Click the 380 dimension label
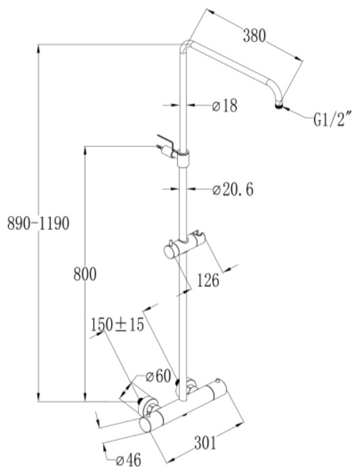[254, 36]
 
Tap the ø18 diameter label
[225, 106]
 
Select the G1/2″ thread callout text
[332, 120]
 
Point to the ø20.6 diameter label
[233, 190]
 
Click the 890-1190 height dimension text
[38, 224]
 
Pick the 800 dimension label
[85, 274]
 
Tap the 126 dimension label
[208, 280]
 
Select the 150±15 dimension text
[117, 325]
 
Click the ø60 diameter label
[158, 377]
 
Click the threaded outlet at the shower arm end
[279, 106]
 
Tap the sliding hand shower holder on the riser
[185, 246]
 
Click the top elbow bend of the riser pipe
[186, 46]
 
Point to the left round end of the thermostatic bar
[146, 425]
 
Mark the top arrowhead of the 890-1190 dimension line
[38, 49]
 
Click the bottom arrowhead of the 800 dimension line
[85, 397]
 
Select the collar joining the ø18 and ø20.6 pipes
[183, 158]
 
